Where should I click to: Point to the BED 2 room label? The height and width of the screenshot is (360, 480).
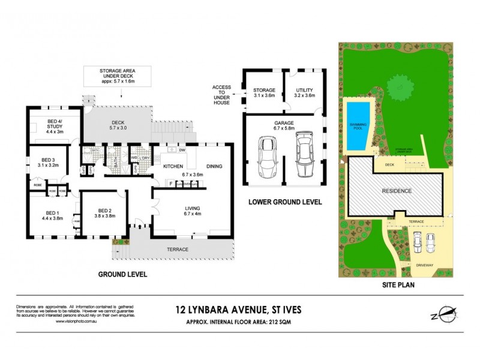[106, 214]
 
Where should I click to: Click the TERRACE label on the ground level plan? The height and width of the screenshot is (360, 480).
[177, 249]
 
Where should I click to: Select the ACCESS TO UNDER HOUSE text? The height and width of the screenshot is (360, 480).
[221, 95]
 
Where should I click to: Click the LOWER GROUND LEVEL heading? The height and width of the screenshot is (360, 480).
[285, 202]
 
